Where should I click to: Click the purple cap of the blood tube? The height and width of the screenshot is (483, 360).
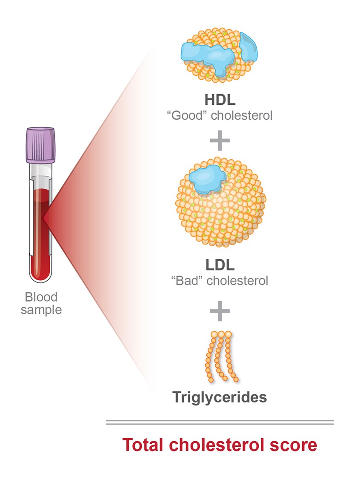coord(41,144)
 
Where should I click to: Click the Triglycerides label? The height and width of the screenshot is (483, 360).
coord(220,397)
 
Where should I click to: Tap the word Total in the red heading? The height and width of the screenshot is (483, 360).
coord(143,445)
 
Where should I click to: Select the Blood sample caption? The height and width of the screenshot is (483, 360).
coord(41,303)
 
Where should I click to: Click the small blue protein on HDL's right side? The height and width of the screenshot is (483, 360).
coord(248,47)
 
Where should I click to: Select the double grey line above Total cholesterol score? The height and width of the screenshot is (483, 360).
coord(220,422)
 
